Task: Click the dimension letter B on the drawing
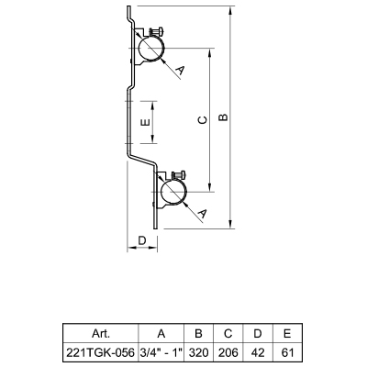coord(224,117)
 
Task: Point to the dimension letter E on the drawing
coord(145,122)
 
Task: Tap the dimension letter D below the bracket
coord(142,240)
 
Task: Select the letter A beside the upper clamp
coord(180,71)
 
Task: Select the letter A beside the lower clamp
coord(202,214)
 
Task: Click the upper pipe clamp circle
coord(150,49)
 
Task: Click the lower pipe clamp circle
coord(174,193)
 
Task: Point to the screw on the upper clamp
coord(156,31)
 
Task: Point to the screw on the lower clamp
coord(180,175)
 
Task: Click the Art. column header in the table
coord(101,333)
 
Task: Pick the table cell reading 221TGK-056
coord(100,352)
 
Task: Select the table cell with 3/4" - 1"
coord(161,352)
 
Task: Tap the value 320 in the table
coord(198,352)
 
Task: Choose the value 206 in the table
coord(228,352)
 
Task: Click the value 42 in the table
coord(258,352)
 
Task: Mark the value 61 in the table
coord(287,352)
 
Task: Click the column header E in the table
coord(287,333)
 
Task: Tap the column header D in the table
coord(258,333)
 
